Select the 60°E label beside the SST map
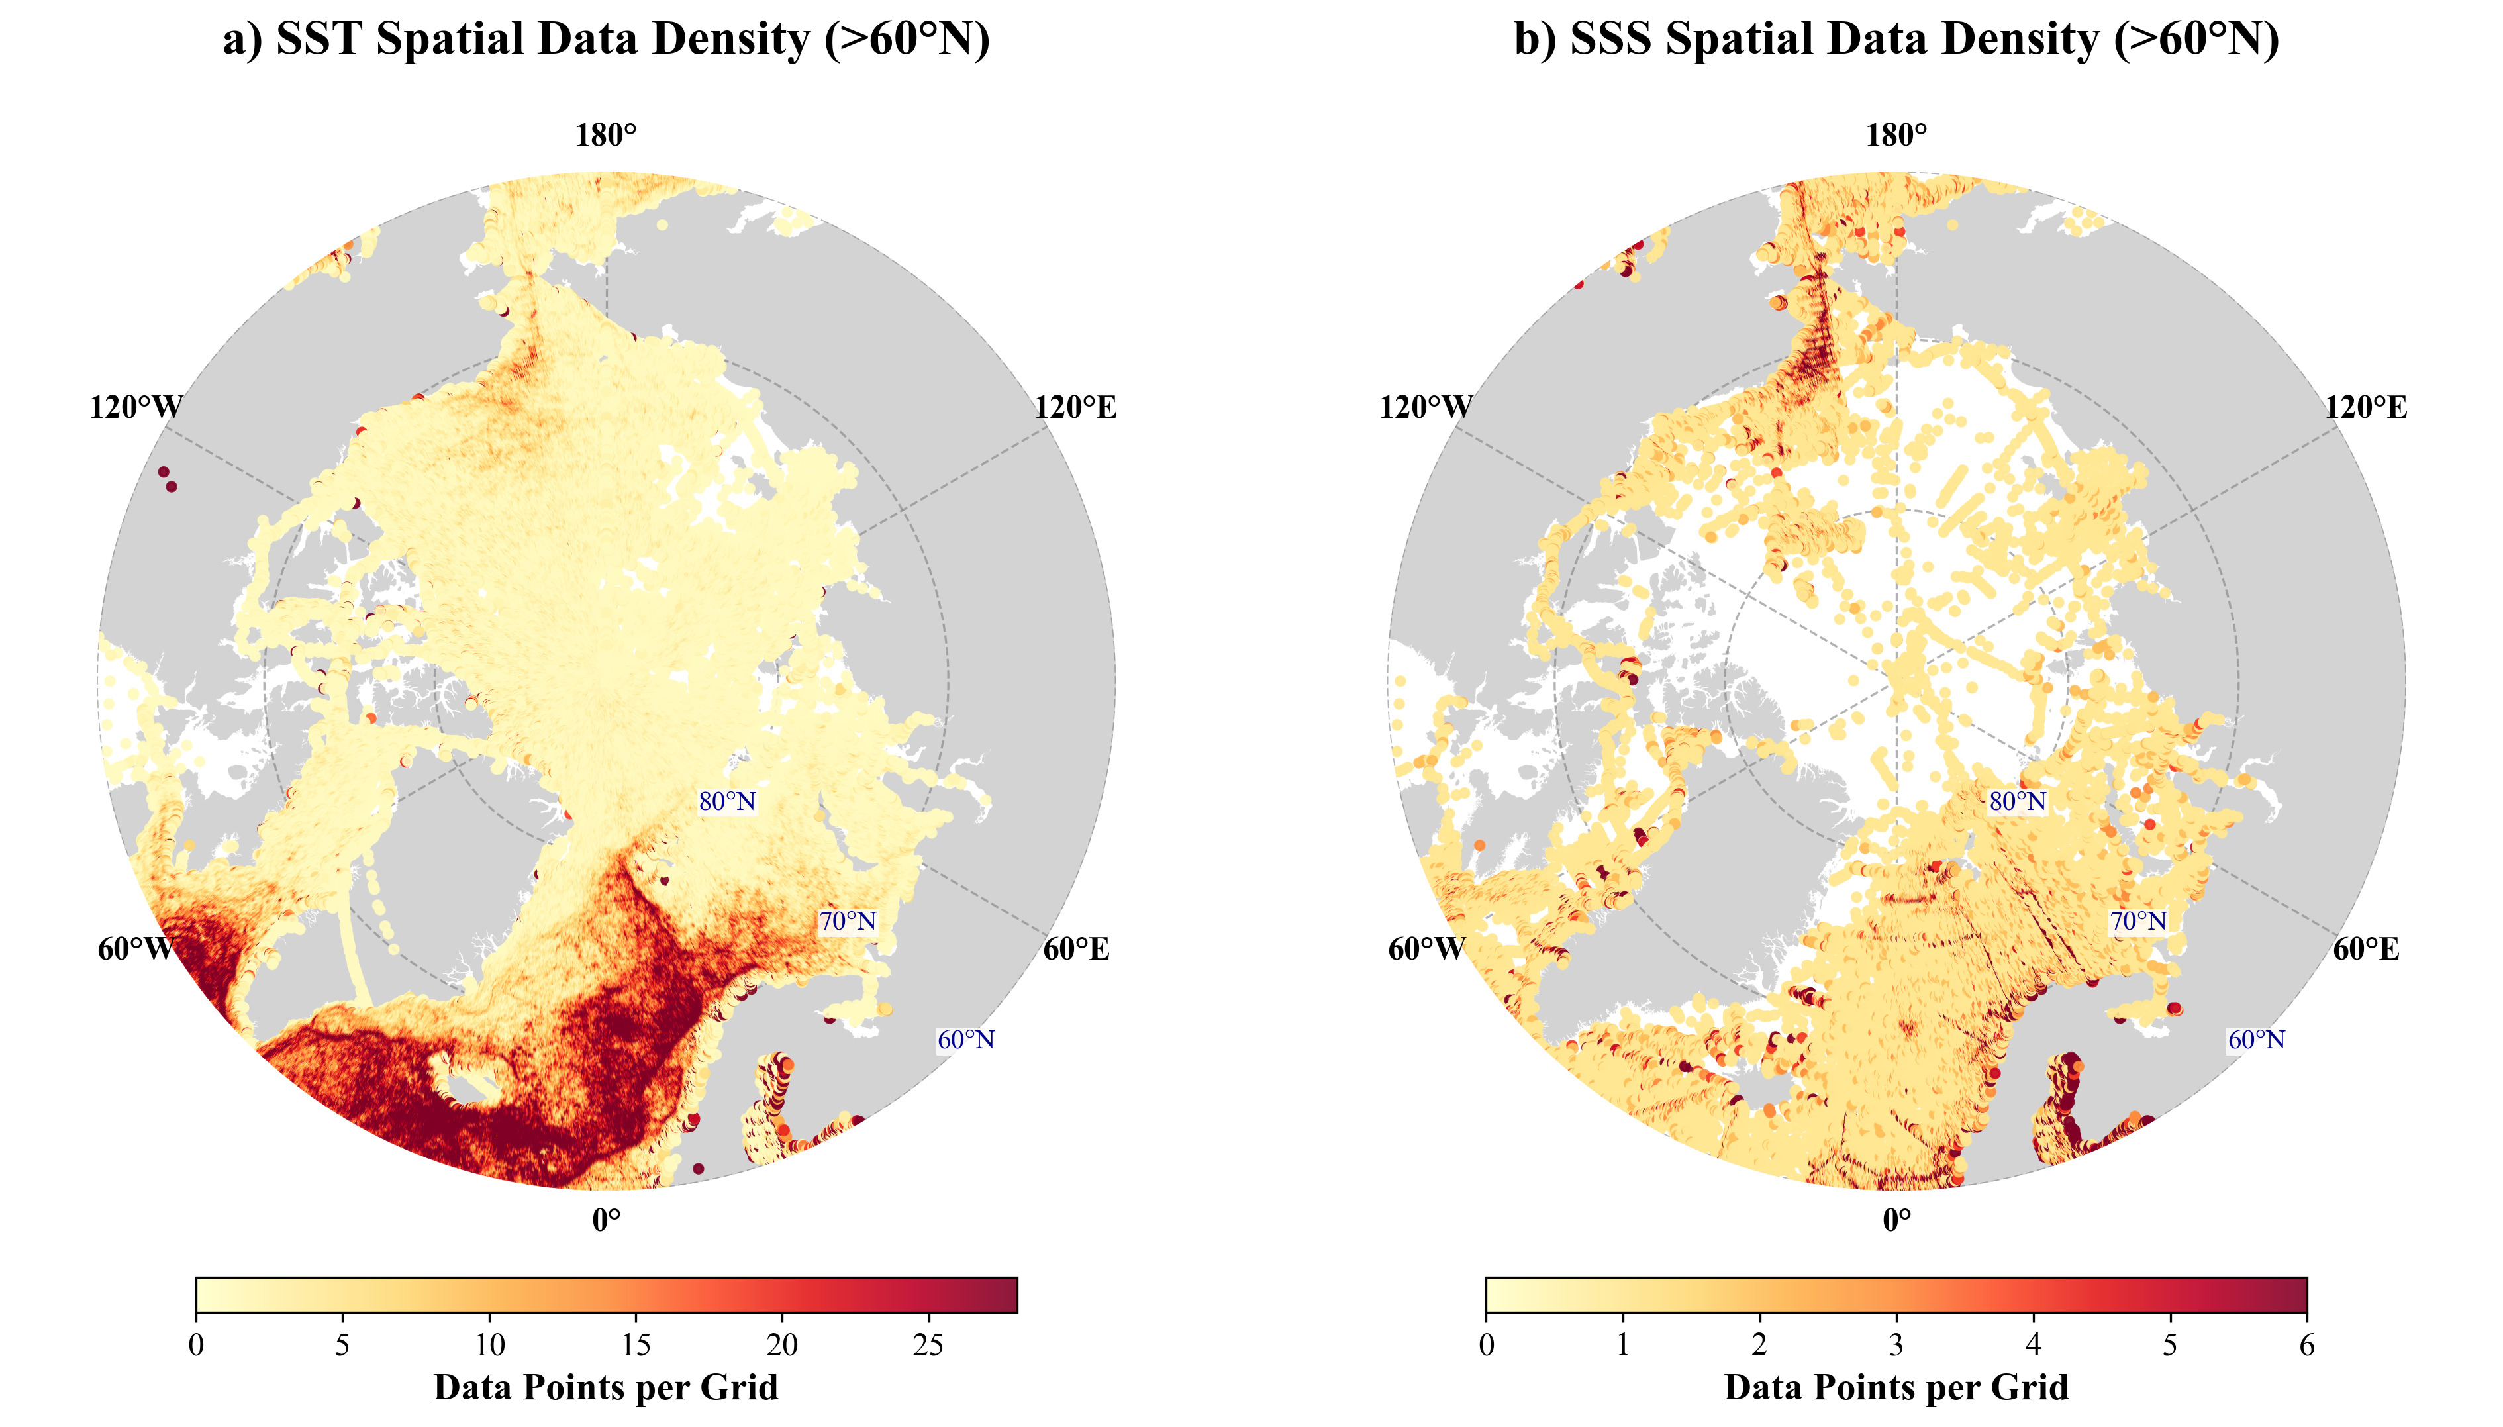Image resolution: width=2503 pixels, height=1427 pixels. (1076, 949)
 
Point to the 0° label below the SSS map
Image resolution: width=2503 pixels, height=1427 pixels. (1896, 1220)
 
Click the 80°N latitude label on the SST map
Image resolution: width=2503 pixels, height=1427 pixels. (727, 802)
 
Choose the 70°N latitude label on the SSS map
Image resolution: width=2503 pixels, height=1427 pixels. (2138, 921)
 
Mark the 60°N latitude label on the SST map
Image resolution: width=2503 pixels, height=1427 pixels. (966, 1040)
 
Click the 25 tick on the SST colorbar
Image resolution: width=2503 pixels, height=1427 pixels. (928, 1345)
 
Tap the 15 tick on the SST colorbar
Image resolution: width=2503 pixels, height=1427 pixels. (636, 1345)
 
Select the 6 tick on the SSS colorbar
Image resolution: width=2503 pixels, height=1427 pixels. (2307, 1345)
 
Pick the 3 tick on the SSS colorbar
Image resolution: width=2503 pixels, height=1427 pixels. (1896, 1345)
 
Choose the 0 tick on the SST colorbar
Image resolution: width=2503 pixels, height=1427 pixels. (196, 1345)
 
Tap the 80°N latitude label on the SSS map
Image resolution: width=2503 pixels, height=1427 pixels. (2018, 802)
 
